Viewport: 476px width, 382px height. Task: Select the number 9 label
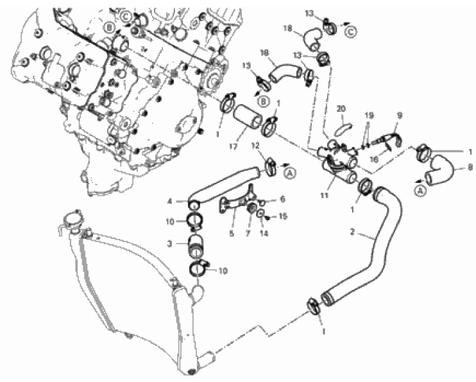pyautogui.click(x=399, y=116)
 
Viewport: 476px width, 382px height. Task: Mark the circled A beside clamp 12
pyautogui.click(x=290, y=172)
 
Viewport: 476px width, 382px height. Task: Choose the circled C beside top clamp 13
pyautogui.click(x=350, y=30)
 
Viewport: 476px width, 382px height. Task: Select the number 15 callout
pyautogui.click(x=283, y=216)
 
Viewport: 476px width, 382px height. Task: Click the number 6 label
pyautogui.click(x=283, y=200)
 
